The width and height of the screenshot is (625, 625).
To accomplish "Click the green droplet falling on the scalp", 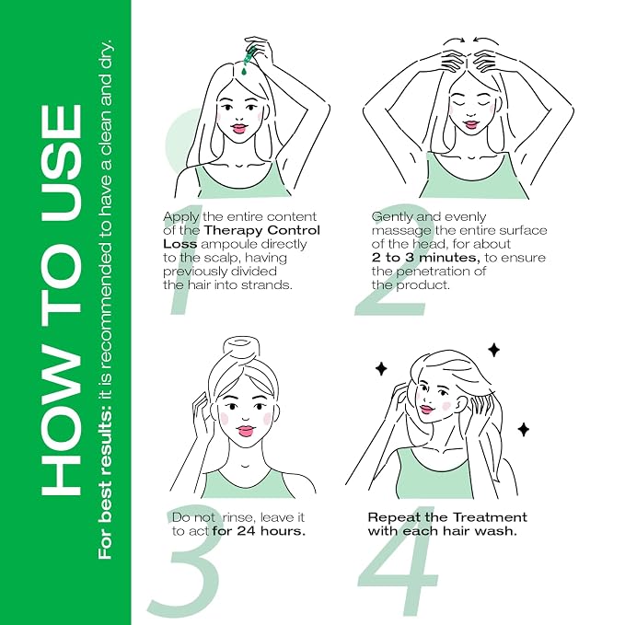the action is (244, 72).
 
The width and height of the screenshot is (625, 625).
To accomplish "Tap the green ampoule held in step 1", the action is (250, 56).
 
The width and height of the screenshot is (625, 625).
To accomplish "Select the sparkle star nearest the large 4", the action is (524, 429).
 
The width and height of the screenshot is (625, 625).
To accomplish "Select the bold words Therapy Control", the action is (262, 230).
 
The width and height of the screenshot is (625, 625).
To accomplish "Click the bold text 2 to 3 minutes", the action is (425, 258).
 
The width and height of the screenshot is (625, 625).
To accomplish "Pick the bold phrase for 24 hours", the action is (259, 531).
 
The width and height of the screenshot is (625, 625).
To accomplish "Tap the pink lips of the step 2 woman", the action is (471, 125).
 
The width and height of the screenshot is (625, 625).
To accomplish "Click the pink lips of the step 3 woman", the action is (245, 431).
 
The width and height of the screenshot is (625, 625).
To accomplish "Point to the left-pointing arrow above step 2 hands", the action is (485, 41).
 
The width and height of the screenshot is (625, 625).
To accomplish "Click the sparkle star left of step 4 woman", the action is (381, 368).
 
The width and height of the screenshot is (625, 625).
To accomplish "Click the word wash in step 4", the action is (501, 531).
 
